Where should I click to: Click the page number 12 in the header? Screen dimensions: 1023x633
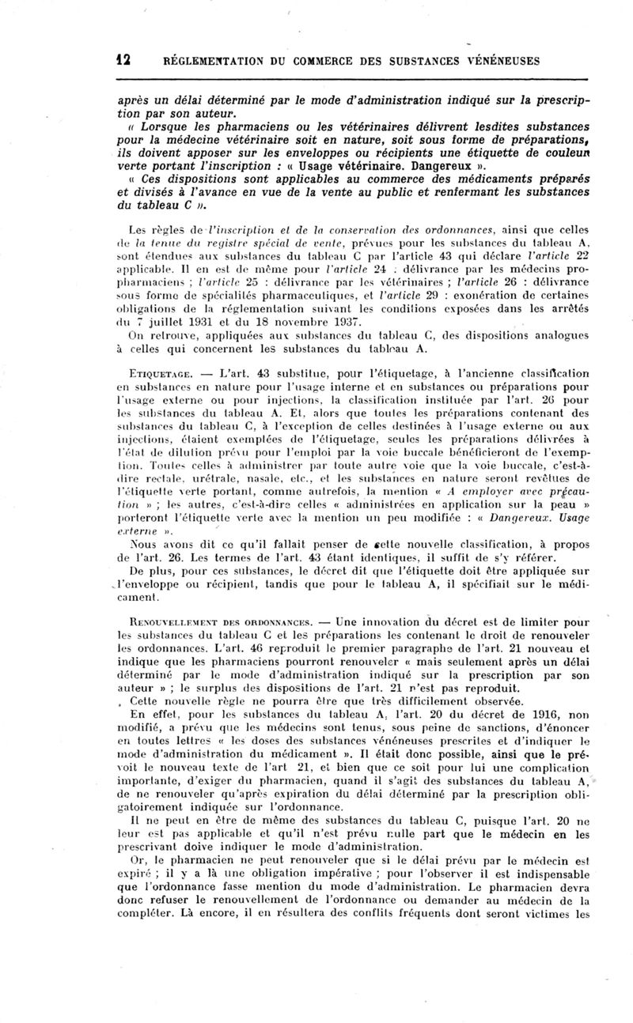click(123, 60)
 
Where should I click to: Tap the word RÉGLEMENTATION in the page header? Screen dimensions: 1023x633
click(205, 60)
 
